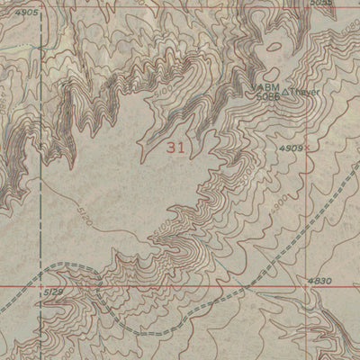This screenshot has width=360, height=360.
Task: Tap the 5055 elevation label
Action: coord(319,4)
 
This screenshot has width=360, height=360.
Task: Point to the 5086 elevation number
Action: coord(267,95)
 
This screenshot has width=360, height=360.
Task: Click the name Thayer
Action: coord(306,92)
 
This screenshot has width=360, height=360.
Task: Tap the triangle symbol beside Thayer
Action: coord(287,92)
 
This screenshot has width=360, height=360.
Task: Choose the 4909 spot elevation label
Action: coord(290,148)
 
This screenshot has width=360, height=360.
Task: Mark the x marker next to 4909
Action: coord(307,147)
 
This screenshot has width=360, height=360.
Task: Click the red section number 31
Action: coord(175,148)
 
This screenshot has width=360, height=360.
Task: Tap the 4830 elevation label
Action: coord(319,282)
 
